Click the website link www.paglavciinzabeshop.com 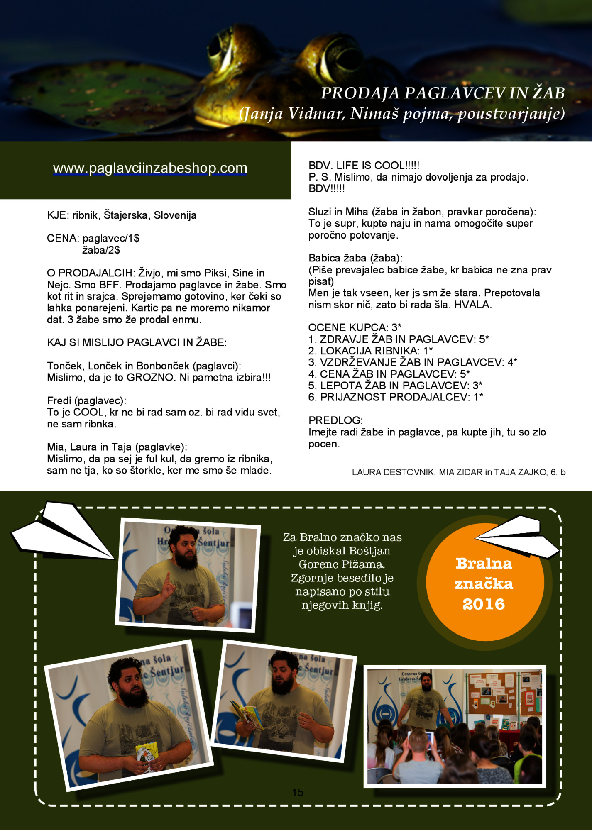click(150, 168)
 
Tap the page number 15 click(298, 792)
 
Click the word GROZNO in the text click(150, 378)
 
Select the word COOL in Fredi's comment click(88, 413)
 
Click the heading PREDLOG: click(335, 420)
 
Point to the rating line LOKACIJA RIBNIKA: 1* click(370, 351)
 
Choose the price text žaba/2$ click(101, 250)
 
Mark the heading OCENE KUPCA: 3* click(355, 327)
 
